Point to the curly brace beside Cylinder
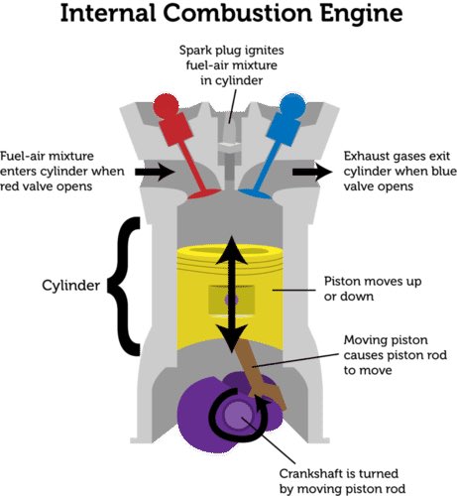[x=127, y=288]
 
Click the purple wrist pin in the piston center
[x=229, y=298]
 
